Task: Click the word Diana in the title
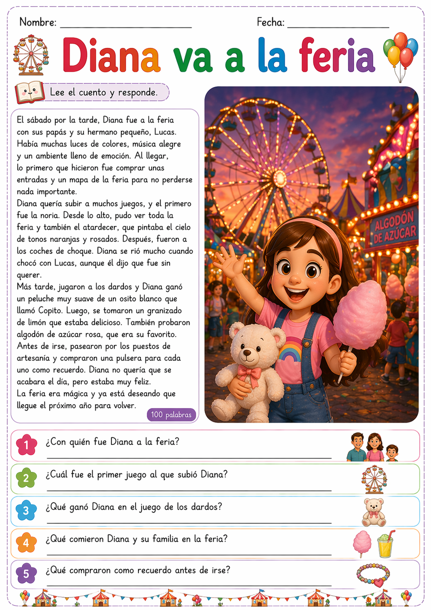111,55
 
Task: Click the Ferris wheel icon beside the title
31,55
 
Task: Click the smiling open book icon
29,92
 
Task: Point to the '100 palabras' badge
171,414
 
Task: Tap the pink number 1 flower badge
26,445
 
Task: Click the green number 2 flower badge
26,478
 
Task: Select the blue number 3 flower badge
26,510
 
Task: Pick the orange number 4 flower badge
26,543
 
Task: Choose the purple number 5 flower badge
26,574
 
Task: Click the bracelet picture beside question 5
373,574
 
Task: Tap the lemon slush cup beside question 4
385,544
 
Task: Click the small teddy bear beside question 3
374,511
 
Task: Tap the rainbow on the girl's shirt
291,349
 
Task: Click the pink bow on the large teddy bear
249,373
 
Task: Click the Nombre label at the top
38,22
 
